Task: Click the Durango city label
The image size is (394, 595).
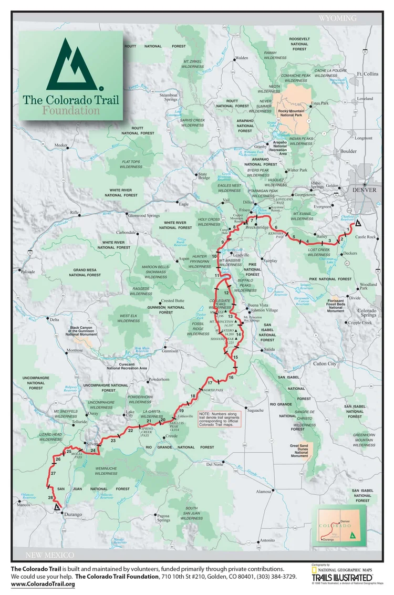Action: point(73,515)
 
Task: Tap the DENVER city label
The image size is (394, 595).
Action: point(364,190)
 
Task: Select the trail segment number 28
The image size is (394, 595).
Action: point(50,497)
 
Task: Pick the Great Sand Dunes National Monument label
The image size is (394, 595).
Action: point(299,451)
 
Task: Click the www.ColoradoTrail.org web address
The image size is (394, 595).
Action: point(43,584)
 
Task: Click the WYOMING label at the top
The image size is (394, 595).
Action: point(337,18)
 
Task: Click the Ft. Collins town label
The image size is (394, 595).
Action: point(367,74)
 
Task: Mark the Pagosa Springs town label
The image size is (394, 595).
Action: point(163,518)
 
